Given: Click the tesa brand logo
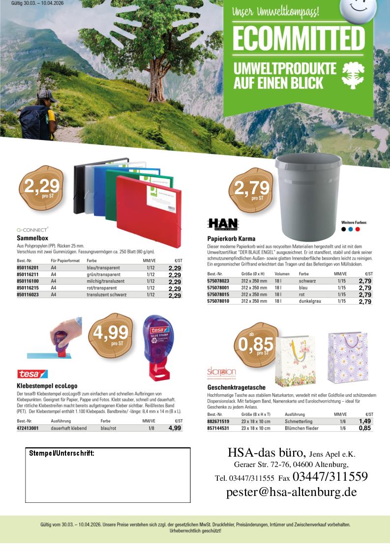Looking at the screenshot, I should (32, 374).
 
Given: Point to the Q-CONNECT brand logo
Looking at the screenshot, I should (32, 229).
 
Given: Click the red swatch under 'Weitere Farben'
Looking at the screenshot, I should (358, 229).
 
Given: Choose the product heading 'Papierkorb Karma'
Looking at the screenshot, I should (230, 238).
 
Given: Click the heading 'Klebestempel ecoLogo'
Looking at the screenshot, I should (47, 386).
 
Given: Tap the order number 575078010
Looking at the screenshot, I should (218, 301).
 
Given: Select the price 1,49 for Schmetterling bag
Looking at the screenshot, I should (364, 421).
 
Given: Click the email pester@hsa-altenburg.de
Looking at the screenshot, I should (291, 492).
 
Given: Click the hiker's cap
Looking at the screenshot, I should (46, 93).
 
